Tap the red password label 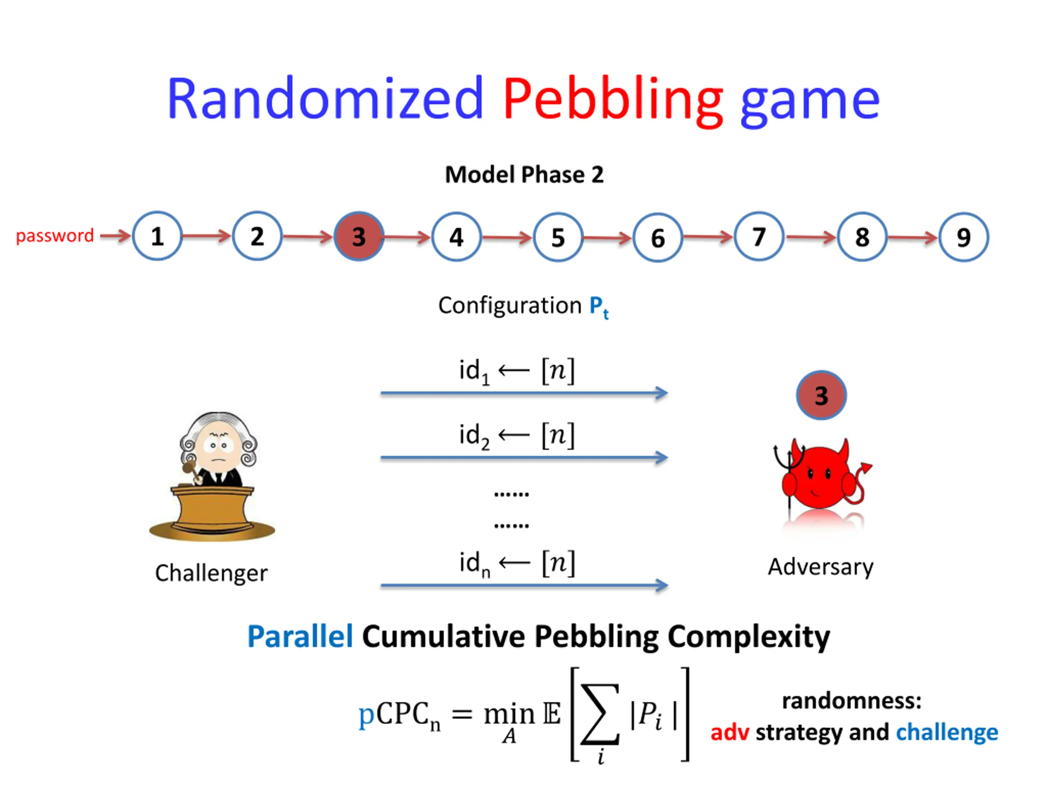55,235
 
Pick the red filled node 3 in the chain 359,236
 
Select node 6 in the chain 658,238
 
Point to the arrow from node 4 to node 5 507,237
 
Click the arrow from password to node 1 115,235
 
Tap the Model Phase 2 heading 524,175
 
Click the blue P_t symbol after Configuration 598,307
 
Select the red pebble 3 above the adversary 821,395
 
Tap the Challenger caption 211,573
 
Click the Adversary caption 820,567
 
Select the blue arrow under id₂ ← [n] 523,458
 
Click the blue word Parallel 300,637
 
